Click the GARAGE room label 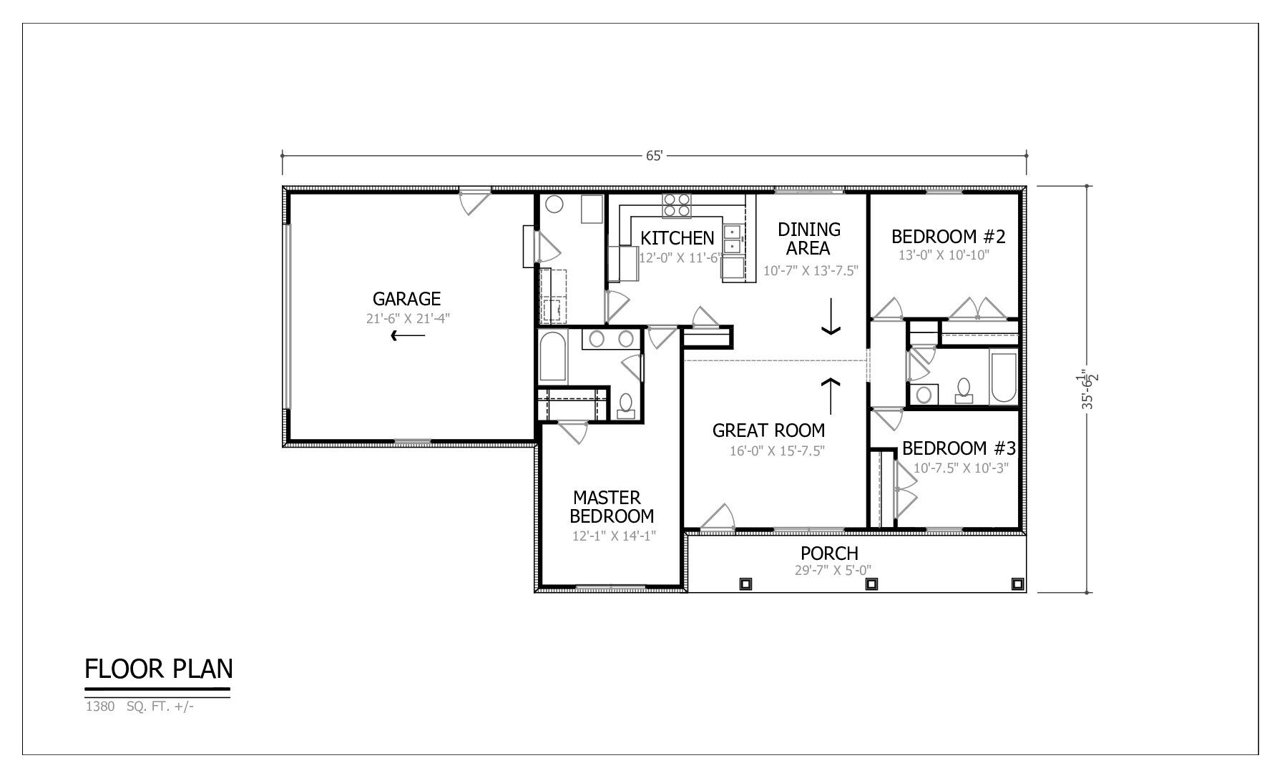406,299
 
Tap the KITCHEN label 677,238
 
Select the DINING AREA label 809,239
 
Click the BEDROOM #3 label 959,448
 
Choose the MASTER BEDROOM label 612,506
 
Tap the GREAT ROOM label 768,430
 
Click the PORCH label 829,553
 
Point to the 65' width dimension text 655,155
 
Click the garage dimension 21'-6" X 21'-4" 408,319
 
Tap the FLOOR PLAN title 159,669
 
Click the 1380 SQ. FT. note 140,707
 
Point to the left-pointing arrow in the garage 408,335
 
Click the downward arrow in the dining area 831,317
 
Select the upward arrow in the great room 831,396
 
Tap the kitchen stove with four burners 677,205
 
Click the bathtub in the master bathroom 553,357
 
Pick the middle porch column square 871,583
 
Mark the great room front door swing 718,516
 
